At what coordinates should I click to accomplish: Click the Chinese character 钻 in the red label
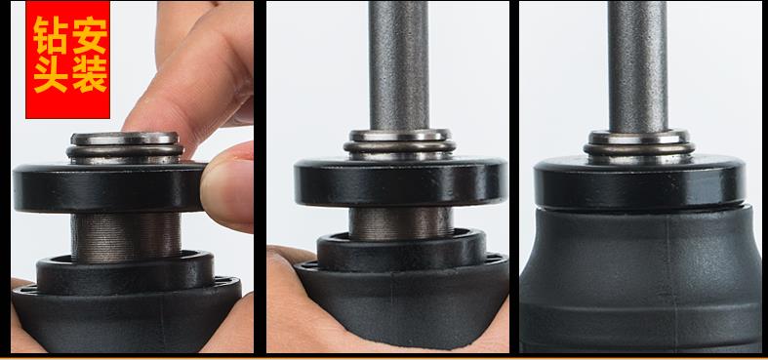click(51, 35)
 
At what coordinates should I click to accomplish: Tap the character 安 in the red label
click(90, 35)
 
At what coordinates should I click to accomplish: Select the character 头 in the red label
click(51, 74)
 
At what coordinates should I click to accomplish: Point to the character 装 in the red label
click(90, 74)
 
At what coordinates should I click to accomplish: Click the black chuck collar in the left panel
click(109, 187)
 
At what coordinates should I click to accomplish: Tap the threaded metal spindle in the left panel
click(126, 236)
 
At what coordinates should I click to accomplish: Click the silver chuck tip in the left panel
click(125, 148)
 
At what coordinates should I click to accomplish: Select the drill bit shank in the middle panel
click(399, 65)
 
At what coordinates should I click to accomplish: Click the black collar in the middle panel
click(401, 181)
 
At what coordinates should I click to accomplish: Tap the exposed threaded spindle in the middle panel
click(401, 222)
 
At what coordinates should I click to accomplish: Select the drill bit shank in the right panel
click(637, 66)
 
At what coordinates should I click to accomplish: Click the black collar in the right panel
click(639, 182)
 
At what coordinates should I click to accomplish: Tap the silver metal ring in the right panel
click(639, 145)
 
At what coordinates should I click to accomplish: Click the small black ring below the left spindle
click(125, 273)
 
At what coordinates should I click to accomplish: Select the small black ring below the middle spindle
click(402, 251)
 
